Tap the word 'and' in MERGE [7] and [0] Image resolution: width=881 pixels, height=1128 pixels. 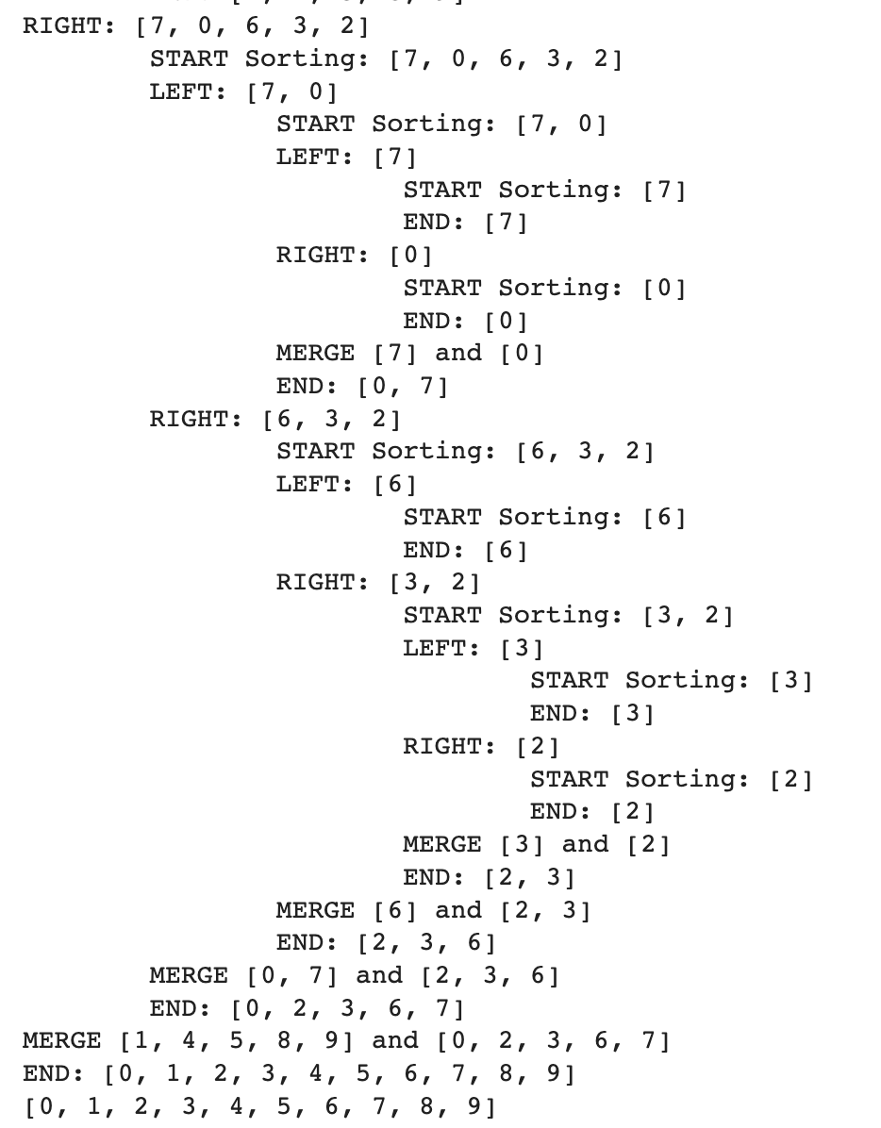click(x=458, y=353)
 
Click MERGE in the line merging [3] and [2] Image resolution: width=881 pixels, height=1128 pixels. click(x=441, y=844)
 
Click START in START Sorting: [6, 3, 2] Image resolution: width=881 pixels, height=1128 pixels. click(x=315, y=451)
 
